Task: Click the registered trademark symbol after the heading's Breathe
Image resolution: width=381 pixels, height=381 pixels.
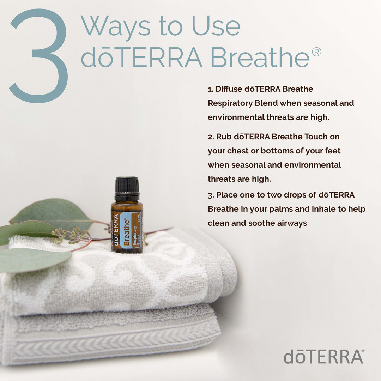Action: click(316, 53)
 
